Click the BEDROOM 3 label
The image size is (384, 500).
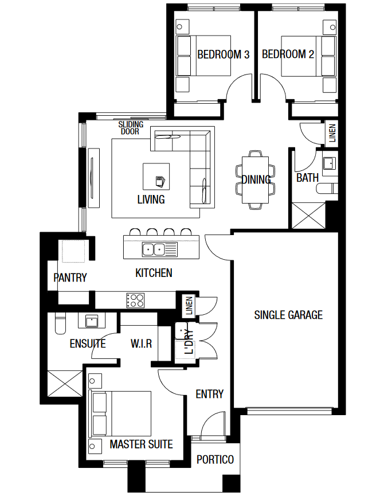pos(223,54)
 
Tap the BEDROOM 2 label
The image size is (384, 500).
pos(288,54)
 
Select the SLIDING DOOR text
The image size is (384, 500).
pos(131,128)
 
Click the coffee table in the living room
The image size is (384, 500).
pos(156,177)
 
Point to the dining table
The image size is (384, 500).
pos(255,179)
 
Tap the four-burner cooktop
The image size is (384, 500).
pos(135,300)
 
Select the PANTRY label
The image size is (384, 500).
pos(70,278)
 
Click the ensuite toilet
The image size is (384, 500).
pos(60,323)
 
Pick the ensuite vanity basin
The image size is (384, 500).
pos(92,321)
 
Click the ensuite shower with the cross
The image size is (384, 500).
pos(65,383)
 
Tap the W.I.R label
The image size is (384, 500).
pos(141,344)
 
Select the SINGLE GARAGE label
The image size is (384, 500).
pos(288,315)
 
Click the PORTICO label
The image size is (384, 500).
pos(215,459)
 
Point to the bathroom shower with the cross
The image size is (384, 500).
pos(308,216)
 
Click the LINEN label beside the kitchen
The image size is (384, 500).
pos(189,306)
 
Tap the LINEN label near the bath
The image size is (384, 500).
pos(332,133)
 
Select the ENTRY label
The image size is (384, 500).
pos(209,394)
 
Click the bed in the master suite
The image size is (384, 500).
pos(122,413)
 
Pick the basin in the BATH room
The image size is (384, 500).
pos(329,163)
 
